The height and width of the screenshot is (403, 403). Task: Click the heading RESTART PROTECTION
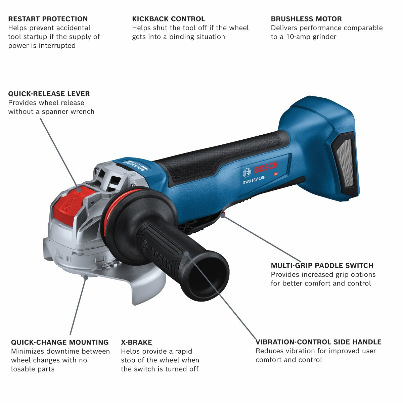click(x=48, y=19)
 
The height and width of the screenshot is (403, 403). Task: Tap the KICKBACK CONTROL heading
click(x=168, y=19)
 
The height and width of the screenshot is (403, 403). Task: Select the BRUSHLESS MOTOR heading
click(x=306, y=19)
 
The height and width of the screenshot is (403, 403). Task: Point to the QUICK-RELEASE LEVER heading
click(x=49, y=94)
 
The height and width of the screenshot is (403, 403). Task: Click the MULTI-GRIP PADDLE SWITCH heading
click(x=322, y=266)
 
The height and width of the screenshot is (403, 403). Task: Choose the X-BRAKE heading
click(x=136, y=342)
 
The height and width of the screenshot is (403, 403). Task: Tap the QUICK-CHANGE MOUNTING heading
click(x=60, y=342)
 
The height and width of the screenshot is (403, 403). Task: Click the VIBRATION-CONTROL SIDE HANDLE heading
click(x=318, y=342)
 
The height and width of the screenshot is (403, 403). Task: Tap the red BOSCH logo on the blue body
click(x=266, y=169)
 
